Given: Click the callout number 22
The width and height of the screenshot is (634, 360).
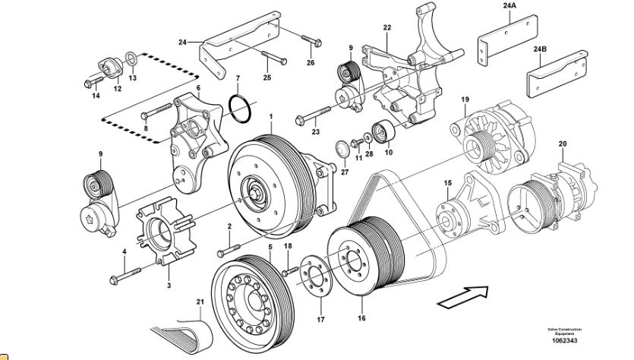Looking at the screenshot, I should pos(386,28).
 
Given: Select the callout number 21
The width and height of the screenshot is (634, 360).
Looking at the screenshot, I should pos(200,302).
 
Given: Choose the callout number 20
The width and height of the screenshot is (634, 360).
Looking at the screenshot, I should pos(563,144).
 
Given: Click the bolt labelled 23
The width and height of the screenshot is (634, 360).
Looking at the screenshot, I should pos(311,118).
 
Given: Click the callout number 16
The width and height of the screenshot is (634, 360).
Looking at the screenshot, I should pos(361,319).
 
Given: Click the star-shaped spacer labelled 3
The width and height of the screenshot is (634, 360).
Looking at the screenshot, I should pos(164,231).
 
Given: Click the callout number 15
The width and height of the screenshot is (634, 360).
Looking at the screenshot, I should pos(447,183).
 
